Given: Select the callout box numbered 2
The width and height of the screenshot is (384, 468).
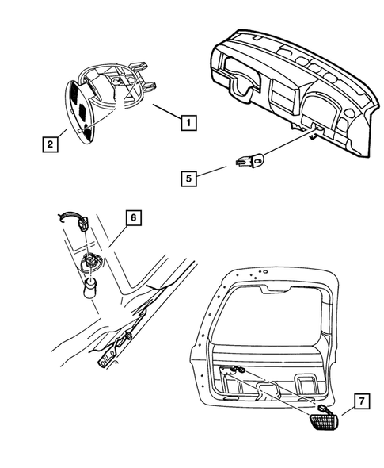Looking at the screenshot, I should coord(49,144).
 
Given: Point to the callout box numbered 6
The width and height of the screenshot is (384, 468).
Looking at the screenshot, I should coord(133,217).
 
